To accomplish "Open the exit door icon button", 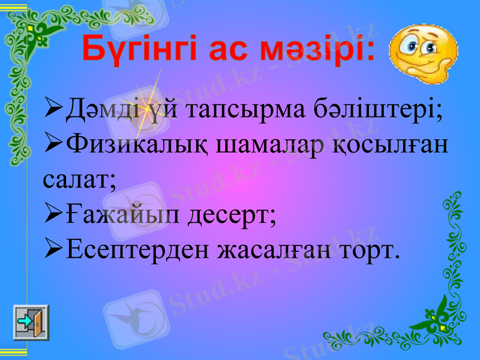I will point(31,323).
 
